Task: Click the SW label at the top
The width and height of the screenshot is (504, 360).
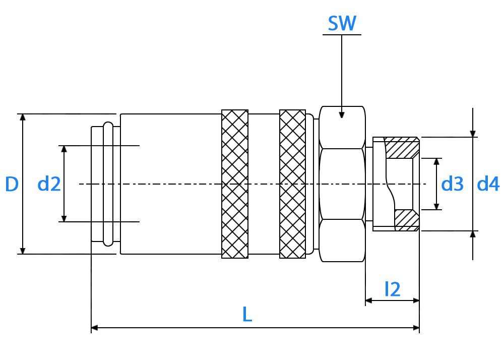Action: coord(342,23)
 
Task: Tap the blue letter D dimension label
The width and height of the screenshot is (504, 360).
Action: coord(12,184)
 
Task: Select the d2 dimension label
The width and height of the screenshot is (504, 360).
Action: coord(49,184)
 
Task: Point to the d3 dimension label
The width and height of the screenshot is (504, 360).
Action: coord(452,184)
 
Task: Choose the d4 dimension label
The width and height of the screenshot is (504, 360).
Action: coord(488,184)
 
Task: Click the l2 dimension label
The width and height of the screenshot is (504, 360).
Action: coord(393,289)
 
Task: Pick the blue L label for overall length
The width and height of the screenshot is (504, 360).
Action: coord(247,314)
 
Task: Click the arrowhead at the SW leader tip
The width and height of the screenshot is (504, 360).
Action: coord(342,115)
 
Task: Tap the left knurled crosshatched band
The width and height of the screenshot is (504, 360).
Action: coord(235,184)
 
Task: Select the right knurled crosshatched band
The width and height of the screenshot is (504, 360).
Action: coord(292,184)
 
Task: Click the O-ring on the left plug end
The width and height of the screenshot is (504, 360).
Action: coord(108,184)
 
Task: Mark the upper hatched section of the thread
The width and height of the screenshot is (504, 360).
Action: coord(402,148)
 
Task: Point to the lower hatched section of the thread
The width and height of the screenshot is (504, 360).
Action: coord(407,220)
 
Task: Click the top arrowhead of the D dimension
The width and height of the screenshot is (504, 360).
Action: coord(23,117)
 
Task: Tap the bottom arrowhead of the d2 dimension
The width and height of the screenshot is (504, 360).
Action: coord(64,219)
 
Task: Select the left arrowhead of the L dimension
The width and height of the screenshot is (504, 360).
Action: coord(95,328)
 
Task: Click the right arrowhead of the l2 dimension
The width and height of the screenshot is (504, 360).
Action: coord(416,301)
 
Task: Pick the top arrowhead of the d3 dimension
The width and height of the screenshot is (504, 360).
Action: coord(436,162)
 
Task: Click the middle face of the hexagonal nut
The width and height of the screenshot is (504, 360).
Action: coord(342,184)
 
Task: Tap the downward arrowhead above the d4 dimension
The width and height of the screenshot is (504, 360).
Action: coord(473,134)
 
